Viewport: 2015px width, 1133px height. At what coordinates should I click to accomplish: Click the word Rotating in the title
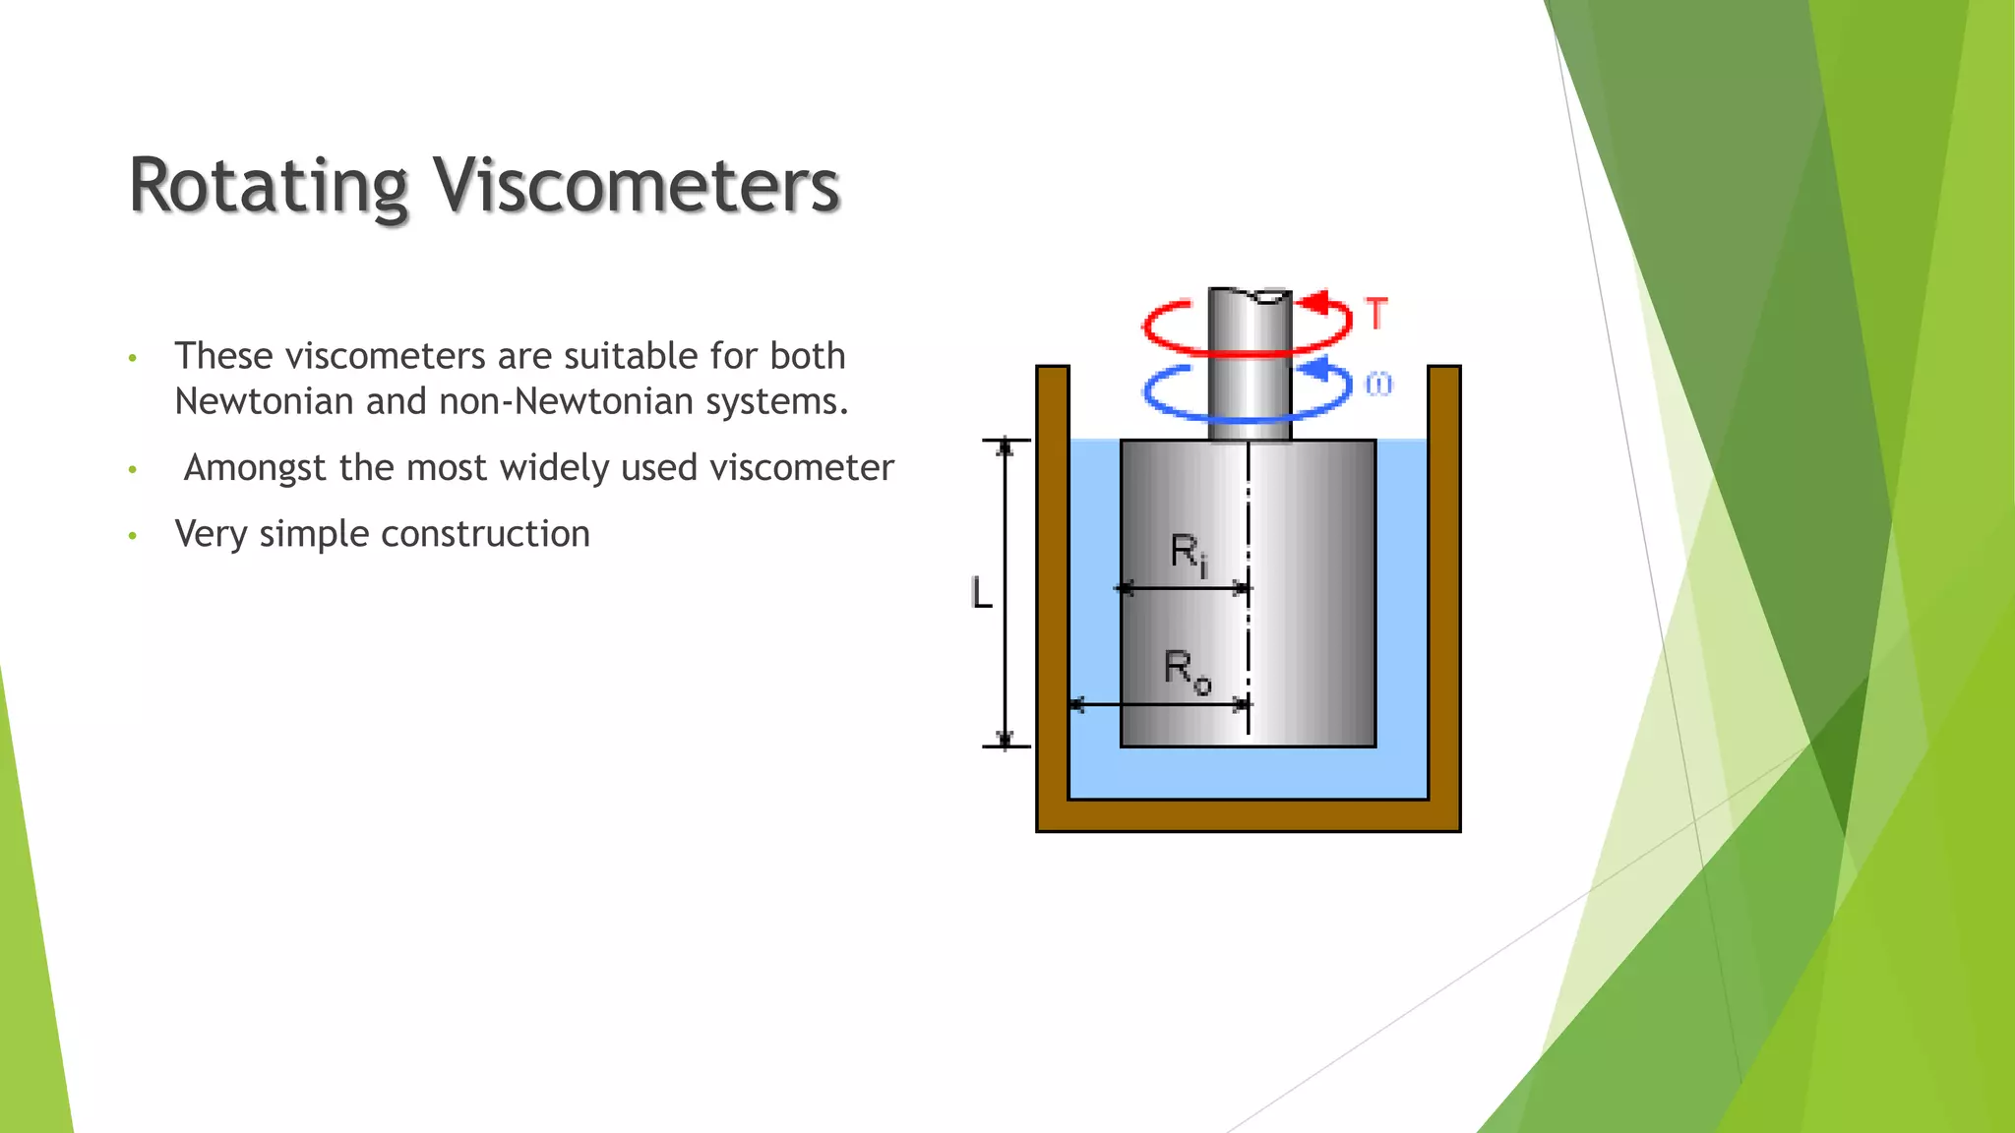click(x=268, y=187)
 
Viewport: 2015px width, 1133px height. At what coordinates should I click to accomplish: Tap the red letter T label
click(x=1376, y=314)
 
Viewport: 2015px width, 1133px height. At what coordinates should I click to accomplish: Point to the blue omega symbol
click(x=1378, y=385)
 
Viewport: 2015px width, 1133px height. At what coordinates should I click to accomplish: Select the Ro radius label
click(x=1187, y=671)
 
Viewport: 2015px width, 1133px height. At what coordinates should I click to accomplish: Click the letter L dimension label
click(x=981, y=593)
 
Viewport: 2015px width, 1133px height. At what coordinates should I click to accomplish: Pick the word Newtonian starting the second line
click(x=263, y=402)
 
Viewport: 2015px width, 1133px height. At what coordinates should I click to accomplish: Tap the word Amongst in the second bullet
click(x=255, y=468)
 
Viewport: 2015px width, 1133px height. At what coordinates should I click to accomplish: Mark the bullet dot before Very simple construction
click(x=132, y=536)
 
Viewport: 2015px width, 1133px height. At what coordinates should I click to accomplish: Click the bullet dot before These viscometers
click(x=132, y=358)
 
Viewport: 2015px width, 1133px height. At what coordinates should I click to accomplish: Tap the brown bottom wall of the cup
click(x=1248, y=815)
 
